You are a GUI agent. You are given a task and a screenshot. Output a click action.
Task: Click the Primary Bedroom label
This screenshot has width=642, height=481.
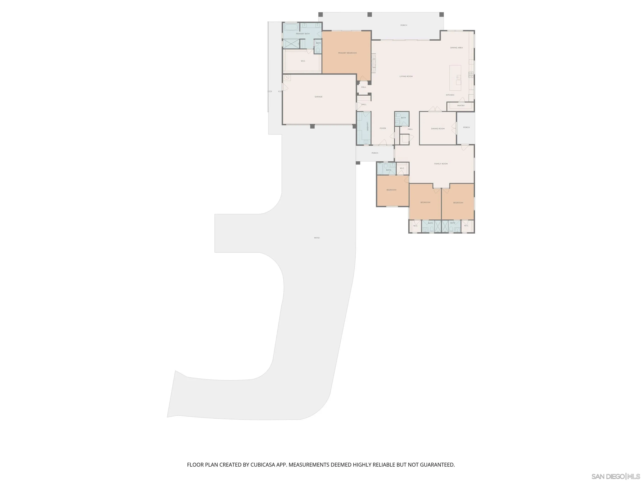tap(347, 53)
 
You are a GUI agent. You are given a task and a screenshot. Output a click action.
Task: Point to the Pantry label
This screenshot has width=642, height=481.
tap(461, 106)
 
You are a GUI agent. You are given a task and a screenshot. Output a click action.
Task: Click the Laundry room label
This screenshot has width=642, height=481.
tap(367, 127)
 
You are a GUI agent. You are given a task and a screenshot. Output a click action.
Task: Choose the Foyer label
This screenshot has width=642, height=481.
tap(382, 128)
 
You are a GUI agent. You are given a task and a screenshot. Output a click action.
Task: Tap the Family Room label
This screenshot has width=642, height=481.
tap(441, 164)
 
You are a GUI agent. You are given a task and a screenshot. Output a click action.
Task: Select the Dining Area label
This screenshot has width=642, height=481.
tap(456, 48)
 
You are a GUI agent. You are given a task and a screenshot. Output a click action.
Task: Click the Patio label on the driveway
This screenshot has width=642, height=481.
tap(317, 238)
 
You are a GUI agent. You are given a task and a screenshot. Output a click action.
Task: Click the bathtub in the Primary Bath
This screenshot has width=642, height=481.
tap(291, 28)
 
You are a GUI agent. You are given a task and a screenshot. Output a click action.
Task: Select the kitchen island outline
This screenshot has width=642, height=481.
tap(455, 78)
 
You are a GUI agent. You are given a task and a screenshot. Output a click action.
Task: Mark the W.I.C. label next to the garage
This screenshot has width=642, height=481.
tap(303, 61)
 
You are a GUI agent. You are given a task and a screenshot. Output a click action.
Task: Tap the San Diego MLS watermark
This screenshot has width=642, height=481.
tap(615, 476)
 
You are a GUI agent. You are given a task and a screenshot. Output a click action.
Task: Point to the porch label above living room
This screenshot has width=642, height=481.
tap(403, 25)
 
